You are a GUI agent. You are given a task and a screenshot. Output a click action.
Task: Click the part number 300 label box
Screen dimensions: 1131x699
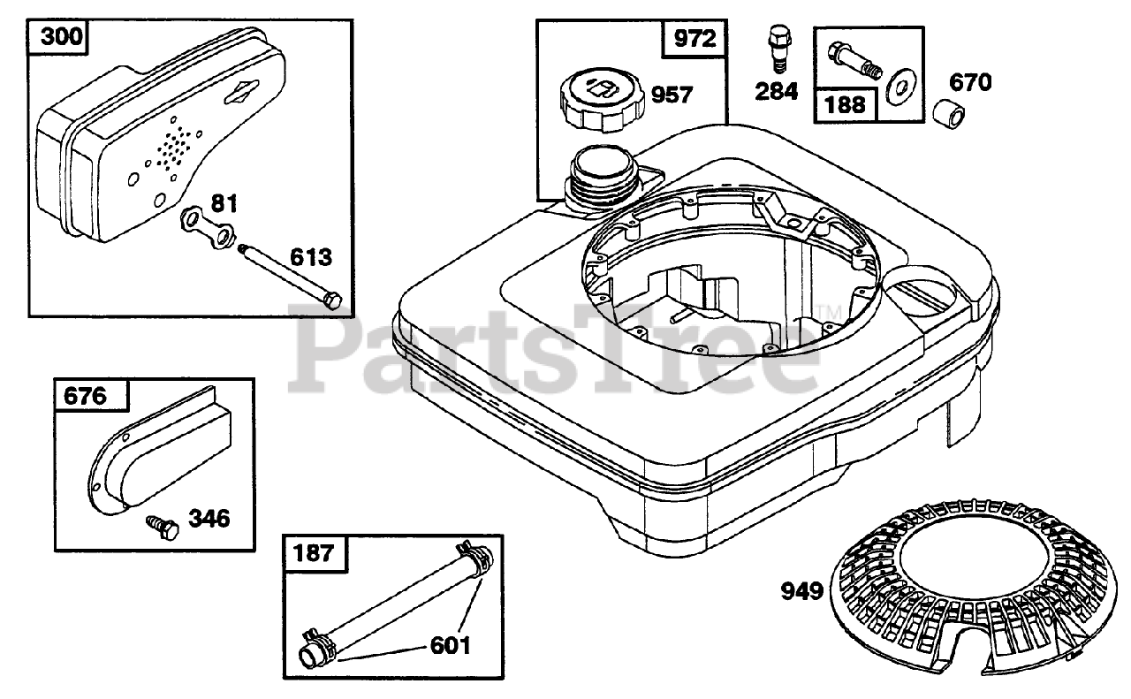click(58, 37)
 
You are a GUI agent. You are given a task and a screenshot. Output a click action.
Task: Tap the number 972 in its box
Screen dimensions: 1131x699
click(695, 38)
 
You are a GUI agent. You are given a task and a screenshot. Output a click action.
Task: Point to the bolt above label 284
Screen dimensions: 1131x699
click(779, 49)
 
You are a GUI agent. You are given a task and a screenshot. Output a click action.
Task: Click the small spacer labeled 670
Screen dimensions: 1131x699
click(948, 116)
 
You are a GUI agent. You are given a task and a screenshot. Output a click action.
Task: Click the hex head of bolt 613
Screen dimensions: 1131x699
click(331, 300)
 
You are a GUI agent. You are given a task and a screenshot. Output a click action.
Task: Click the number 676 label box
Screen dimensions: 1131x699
click(91, 395)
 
